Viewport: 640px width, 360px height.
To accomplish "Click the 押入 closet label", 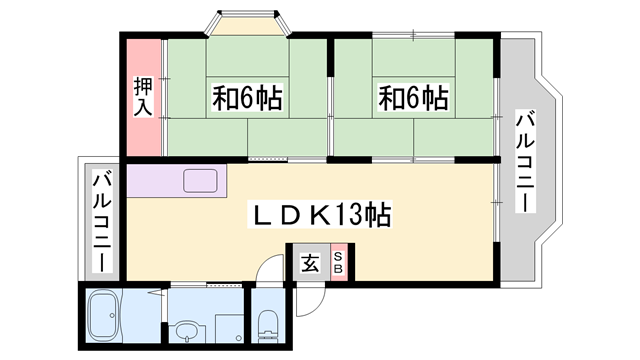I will click(143, 96).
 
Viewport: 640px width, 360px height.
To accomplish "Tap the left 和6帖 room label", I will click(246, 98).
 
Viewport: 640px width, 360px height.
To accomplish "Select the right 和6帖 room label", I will click(412, 98).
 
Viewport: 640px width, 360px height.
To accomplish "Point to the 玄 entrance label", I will click(310, 264).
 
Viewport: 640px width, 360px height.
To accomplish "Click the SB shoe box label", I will click(338, 264).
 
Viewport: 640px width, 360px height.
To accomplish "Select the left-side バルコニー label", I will click(101, 222).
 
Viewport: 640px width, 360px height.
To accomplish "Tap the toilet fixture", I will click(268, 323).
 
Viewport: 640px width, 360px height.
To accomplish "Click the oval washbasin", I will click(185, 329).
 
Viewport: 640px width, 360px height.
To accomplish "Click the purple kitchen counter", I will click(160, 180).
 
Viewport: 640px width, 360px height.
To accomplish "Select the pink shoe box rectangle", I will click(338, 264).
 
